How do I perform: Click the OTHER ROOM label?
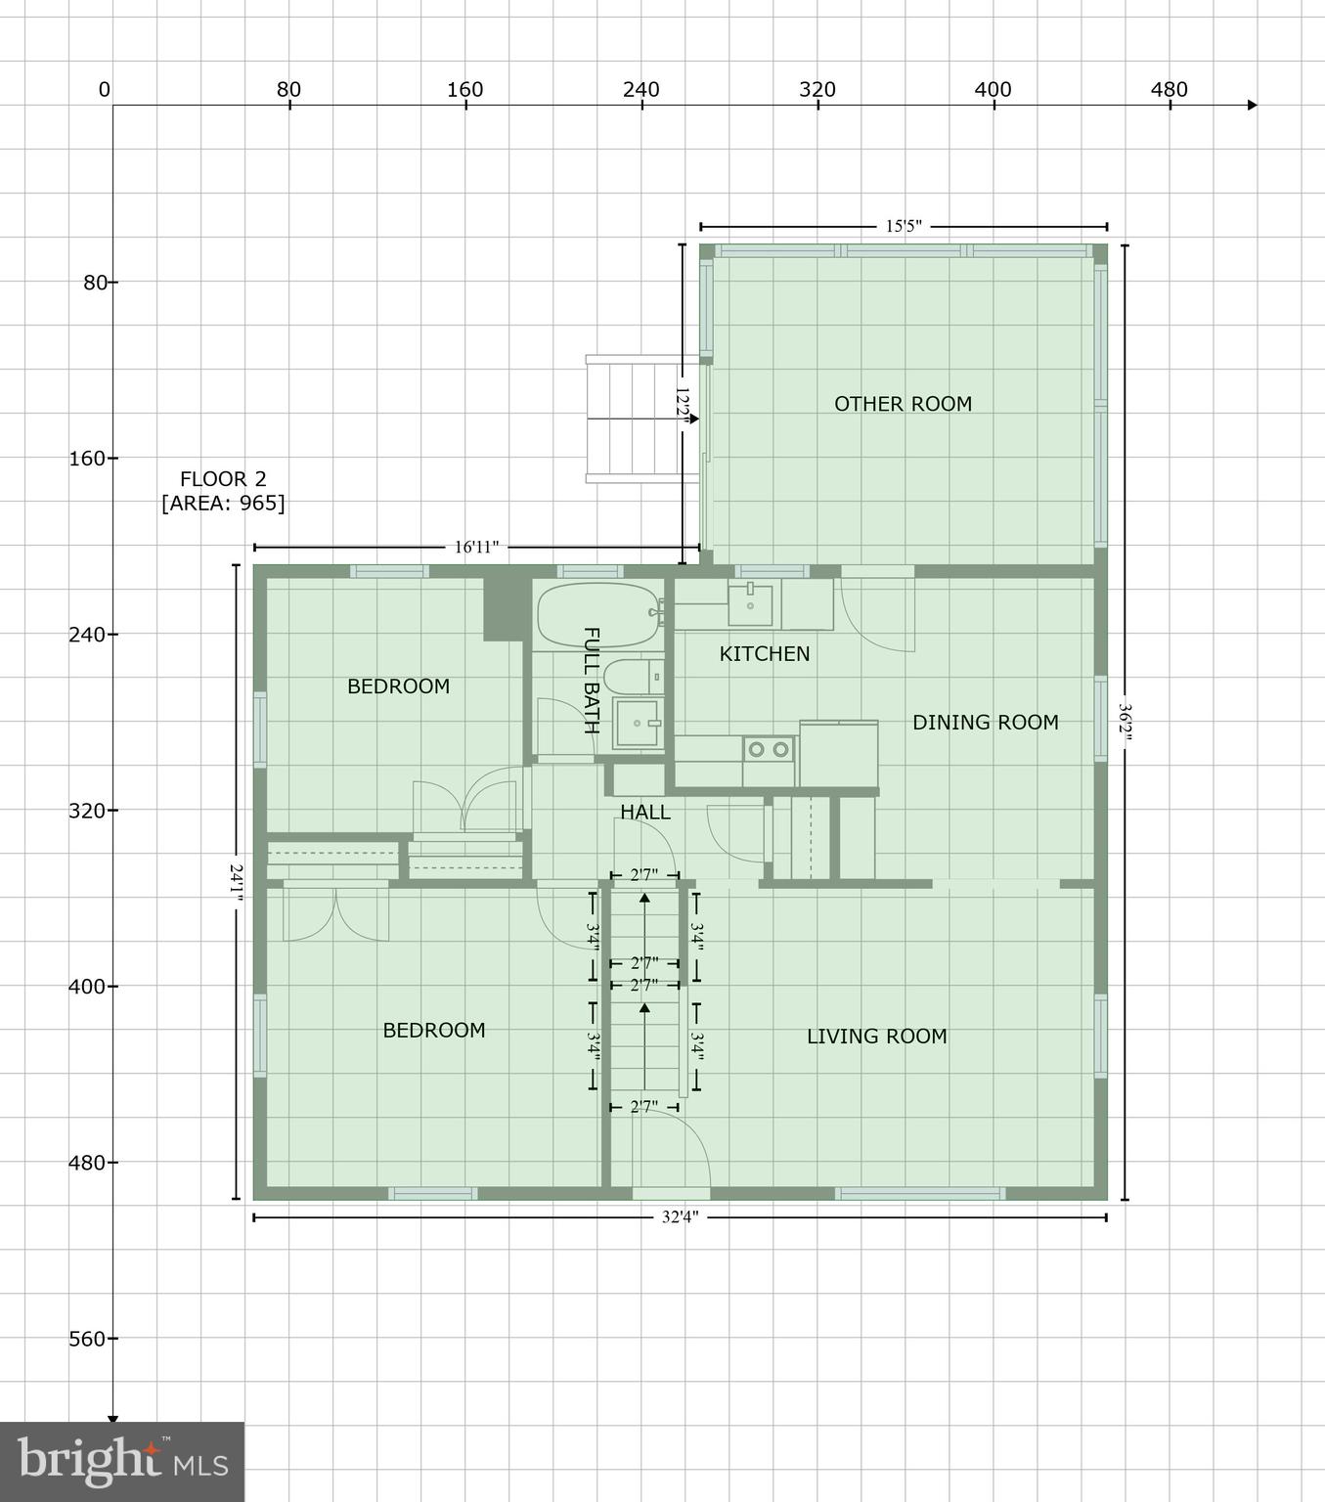point(903,404)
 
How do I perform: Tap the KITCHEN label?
point(765,653)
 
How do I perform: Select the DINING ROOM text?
point(985,723)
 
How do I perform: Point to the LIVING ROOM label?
point(876,1037)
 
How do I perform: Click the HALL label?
point(645,812)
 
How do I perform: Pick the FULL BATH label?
point(591,680)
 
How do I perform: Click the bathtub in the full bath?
point(597,615)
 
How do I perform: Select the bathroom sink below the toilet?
point(637,724)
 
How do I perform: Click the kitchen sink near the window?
point(750,605)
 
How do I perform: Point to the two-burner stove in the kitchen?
point(769,750)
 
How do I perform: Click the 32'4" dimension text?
point(681,1217)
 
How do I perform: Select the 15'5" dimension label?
point(904,227)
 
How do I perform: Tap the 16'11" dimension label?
point(476,548)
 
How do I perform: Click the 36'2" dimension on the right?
point(1125,723)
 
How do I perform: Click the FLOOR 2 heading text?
point(223,479)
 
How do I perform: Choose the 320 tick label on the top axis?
point(817,90)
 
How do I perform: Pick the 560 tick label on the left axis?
point(86,1339)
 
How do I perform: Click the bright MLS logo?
point(122,1461)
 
